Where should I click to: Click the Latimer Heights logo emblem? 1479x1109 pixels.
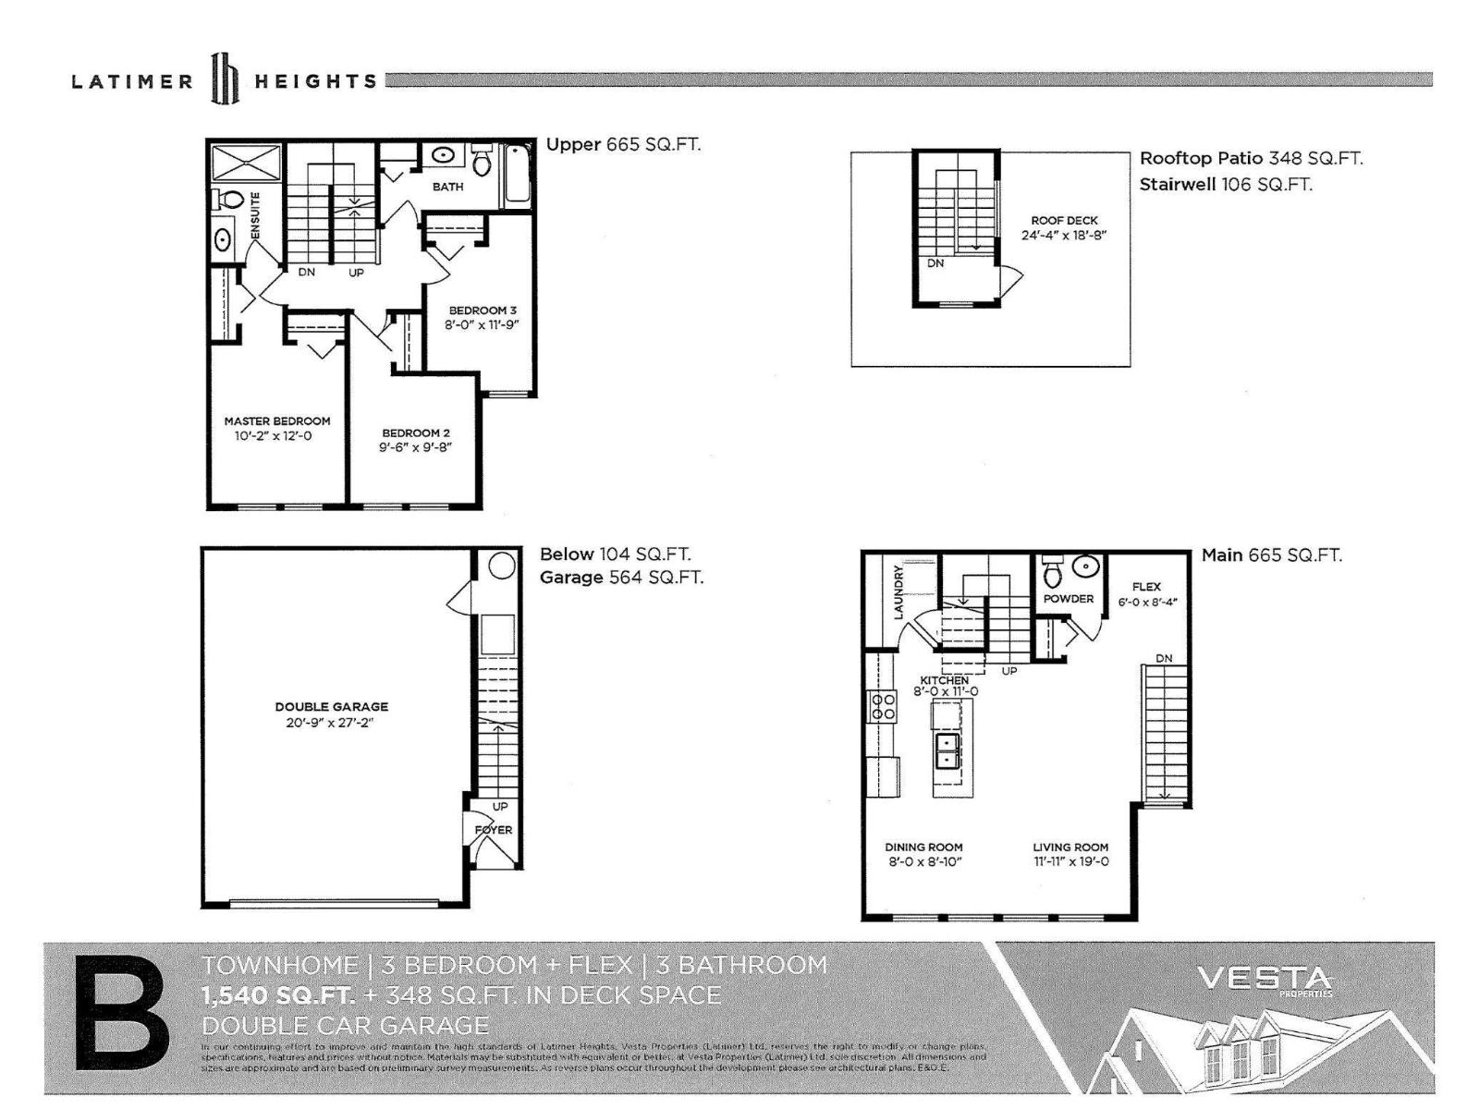pos(226,79)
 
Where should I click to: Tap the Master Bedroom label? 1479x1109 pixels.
pos(276,420)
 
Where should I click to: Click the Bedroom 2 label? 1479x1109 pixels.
pos(416,433)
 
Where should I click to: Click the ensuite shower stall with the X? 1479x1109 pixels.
pos(247,163)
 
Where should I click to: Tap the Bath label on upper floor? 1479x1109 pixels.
pos(447,187)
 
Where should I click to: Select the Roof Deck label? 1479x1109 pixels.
pos(1064,220)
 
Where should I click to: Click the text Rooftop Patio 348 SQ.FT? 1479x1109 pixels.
pos(1251,158)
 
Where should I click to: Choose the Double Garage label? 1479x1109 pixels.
pos(331,706)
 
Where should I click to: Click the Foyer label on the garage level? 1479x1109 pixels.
pos(494,830)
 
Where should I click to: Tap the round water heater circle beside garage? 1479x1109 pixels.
pos(501,566)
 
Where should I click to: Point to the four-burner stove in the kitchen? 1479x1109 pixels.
pos(882,707)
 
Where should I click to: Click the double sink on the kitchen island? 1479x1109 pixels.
pos(947,749)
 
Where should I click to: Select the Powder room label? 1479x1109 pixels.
pos(1069,599)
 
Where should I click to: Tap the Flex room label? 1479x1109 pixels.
pos(1146,586)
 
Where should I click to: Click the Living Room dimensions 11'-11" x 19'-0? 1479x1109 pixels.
pos(1070,861)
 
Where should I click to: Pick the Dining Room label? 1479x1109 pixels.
pos(923,847)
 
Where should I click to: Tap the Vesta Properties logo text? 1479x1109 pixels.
pos(1264,979)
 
